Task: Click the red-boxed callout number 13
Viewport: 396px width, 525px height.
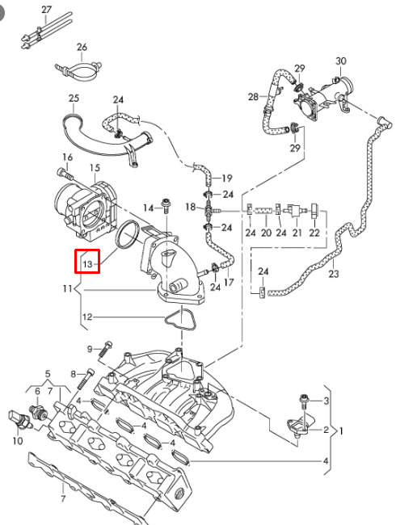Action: [x=87, y=264]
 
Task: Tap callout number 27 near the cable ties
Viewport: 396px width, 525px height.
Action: [x=47, y=10]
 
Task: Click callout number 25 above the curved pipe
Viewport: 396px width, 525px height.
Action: [x=74, y=98]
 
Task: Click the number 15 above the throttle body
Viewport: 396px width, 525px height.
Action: [x=95, y=168]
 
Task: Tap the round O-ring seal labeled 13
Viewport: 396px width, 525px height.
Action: [x=128, y=235]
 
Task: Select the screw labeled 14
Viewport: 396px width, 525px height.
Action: [x=165, y=206]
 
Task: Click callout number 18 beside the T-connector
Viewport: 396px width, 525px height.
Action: [x=190, y=207]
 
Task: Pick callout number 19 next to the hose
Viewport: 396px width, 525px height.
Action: [x=227, y=178]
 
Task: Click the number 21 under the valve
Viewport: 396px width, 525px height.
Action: [x=297, y=233]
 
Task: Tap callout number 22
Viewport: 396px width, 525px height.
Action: [x=314, y=233]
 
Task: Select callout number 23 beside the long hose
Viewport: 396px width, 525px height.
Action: [x=334, y=274]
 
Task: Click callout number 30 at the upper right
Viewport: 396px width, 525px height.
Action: [x=341, y=61]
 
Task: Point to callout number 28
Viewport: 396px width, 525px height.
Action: [x=253, y=97]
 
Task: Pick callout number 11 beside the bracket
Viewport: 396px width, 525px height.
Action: [x=67, y=288]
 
